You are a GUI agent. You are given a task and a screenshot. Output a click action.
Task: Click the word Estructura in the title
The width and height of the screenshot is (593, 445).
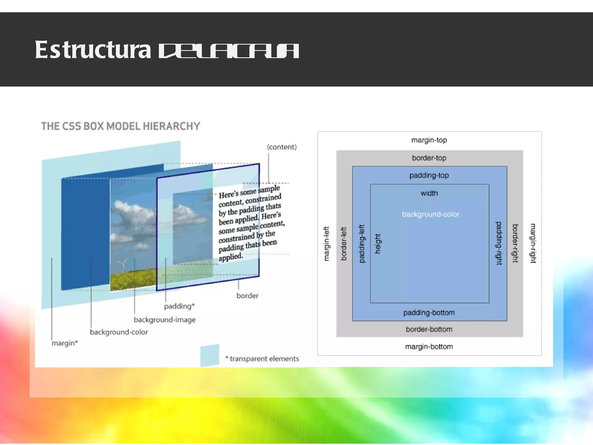[93, 50]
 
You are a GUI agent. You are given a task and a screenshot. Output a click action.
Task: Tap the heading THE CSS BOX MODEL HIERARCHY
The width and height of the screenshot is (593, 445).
[120, 126]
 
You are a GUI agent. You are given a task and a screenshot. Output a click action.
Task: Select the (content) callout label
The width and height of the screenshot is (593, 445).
[282, 147]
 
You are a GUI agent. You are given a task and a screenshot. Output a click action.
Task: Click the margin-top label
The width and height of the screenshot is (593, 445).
[429, 140]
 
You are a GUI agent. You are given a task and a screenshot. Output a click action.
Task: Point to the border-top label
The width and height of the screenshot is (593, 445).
[429, 158]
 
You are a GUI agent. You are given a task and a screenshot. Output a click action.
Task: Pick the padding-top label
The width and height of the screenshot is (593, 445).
[429, 175]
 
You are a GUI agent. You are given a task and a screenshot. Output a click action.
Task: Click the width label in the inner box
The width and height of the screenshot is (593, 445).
[429, 193]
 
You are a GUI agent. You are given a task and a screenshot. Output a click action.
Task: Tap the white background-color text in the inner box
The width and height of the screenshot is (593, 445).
[431, 214]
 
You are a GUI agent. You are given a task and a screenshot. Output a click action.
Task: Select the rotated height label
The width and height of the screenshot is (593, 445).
[378, 244]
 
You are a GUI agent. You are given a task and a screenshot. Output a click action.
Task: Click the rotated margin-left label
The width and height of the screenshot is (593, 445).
[326, 244]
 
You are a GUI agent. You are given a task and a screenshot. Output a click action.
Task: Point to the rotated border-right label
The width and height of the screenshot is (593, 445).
[515, 243]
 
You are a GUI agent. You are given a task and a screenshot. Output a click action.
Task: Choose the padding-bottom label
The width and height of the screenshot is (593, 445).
[429, 313]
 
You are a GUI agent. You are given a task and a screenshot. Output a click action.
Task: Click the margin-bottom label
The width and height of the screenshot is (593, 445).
[429, 346]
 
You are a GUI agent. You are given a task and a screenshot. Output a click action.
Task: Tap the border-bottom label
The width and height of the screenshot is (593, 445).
[429, 329]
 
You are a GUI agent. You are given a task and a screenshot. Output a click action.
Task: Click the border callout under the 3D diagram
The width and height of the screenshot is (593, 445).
[247, 296]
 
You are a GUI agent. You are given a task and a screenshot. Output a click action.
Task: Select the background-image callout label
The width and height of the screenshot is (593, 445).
[164, 320]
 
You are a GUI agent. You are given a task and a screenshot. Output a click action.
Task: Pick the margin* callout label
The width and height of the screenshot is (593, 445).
[65, 343]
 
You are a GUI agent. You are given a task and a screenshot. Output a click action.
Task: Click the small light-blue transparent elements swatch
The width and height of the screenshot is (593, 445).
[210, 355]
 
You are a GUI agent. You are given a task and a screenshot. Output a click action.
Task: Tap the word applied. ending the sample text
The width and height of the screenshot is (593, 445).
[230, 257]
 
